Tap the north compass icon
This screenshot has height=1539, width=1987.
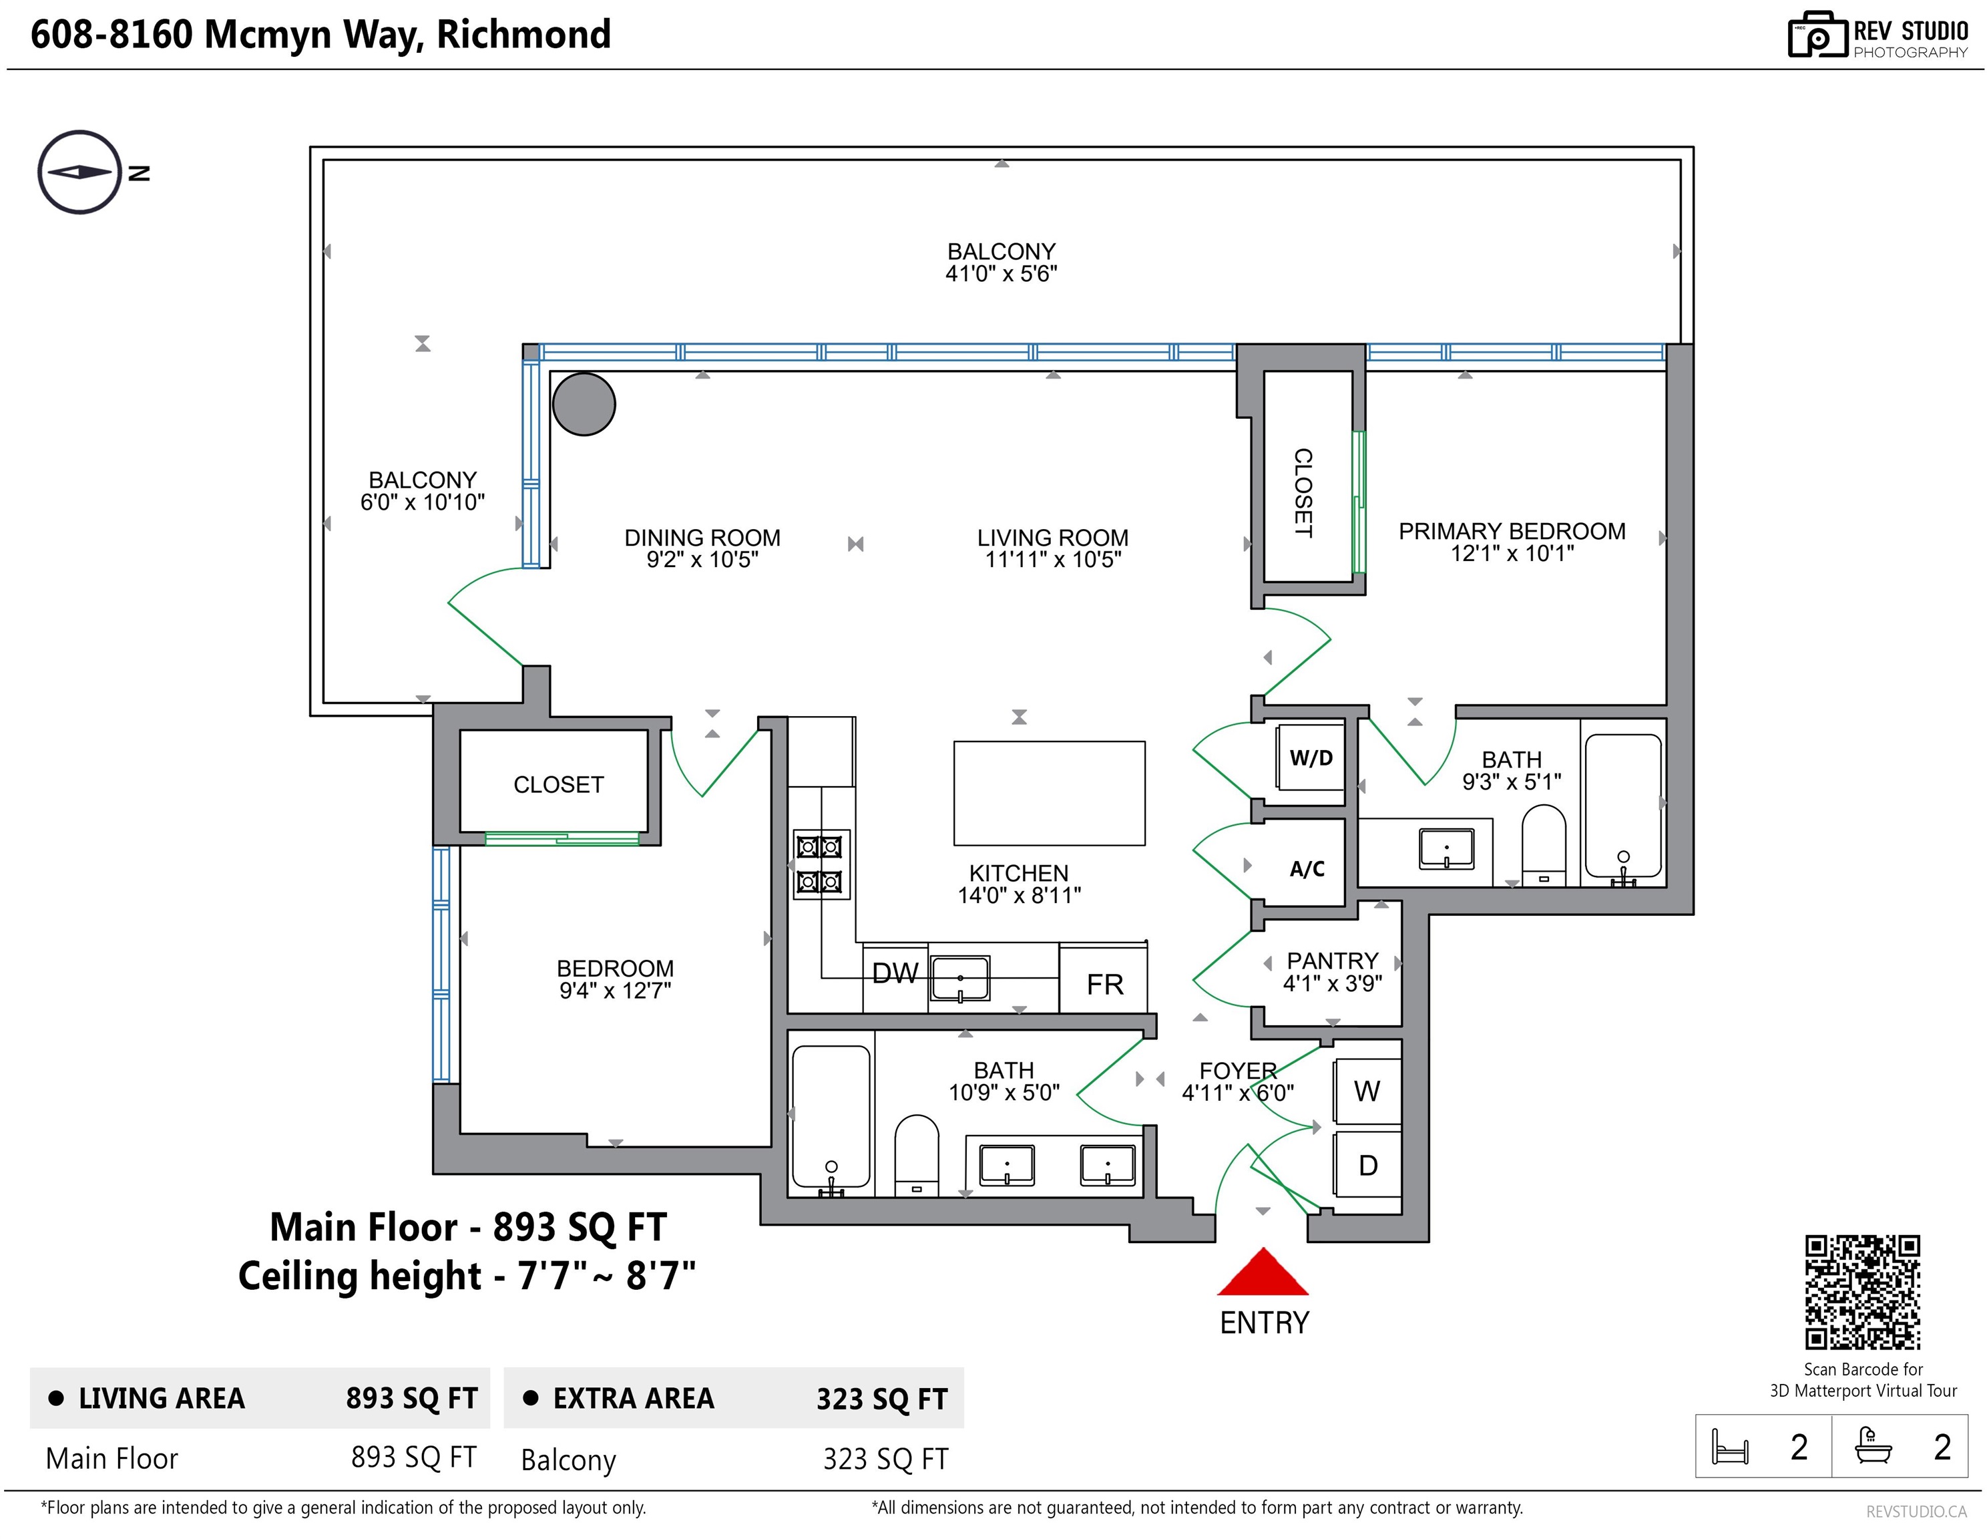tap(80, 172)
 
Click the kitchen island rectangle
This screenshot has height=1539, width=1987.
tap(1049, 793)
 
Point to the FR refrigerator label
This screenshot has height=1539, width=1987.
tap(1104, 984)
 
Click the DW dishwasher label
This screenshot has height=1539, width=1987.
tap(895, 973)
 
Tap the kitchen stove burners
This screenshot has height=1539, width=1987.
tap(820, 864)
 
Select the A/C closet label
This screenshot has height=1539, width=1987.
tap(1307, 869)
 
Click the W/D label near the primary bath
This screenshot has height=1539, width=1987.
tap(1311, 758)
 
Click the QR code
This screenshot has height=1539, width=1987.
tap(1862, 1293)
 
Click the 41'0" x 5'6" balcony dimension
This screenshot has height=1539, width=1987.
tap(1001, 274)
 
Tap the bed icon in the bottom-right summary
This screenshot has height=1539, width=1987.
tap(1729, 1446)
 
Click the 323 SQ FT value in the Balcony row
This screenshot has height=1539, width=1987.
tap(885, 1459)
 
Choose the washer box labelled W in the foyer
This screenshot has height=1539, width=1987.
tap(1367, 1090)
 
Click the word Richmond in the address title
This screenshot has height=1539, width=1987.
tap(523, 35)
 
